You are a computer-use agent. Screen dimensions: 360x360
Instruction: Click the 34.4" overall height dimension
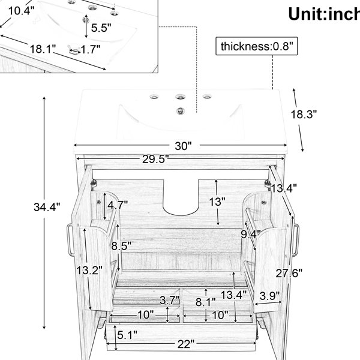[x=47, y=207]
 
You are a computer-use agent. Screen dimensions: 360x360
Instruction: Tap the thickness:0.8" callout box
[x=256, y=46]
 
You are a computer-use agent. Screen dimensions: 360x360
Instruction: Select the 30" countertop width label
[x=183, y=146]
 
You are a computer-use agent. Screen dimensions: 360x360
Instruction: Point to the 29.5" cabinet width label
[x=155, y=159]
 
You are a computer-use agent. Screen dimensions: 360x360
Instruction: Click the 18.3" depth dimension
[x=304, y=114]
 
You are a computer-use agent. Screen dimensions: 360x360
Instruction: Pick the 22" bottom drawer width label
[x=186, y=344]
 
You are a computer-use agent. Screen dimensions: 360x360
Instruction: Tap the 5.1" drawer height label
[x=127, y=335]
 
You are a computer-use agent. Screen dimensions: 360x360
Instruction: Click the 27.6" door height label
[x=289, y=273]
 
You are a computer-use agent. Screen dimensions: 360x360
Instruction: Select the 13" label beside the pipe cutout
[x=217, y=202]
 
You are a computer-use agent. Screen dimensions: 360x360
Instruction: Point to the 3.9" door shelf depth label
[x=270, y=296]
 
